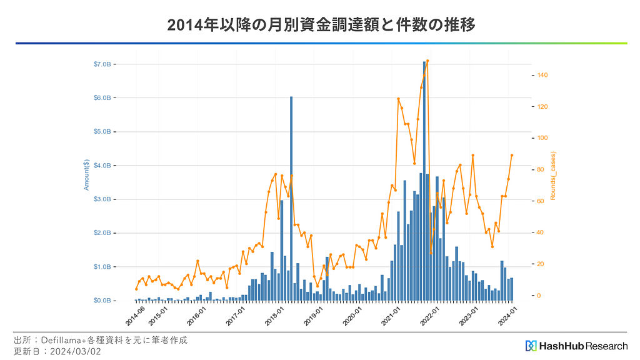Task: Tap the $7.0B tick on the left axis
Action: [102, 64]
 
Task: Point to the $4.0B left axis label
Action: [102, 166]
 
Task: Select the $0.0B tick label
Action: [102, 301]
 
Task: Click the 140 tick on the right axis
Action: [543, 76]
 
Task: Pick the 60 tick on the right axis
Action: [541, 201]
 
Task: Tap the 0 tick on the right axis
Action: [539, 296]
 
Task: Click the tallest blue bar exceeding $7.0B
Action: [424, 181]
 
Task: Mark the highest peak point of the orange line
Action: [427, 61]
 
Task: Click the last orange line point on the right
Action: [512, 155]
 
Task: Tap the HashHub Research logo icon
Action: [531, 346]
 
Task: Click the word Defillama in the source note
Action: [63, 341]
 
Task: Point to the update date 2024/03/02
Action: [78, 351]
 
